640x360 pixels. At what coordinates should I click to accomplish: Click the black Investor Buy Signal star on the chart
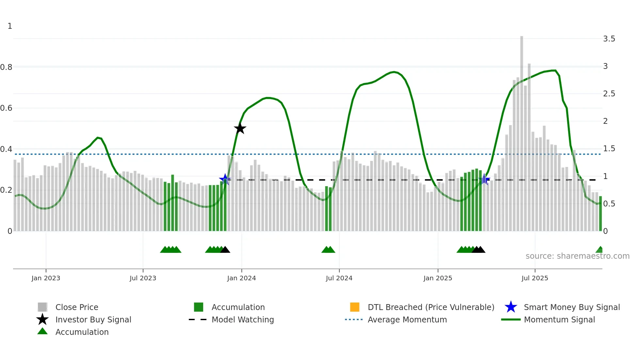click(x=240, y=129)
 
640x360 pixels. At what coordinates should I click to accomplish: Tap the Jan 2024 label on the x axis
click(x=241, y=278)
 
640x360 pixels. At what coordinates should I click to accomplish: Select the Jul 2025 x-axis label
click(x=535, y=278)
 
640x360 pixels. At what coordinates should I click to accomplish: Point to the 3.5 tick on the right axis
click(x=609, y=39)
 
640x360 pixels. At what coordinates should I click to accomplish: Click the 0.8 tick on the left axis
click(x=6, y=67)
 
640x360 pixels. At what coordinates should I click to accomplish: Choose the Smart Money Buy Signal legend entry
click(x=571, y=307)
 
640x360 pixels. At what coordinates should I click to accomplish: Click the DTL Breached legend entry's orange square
click(x=355, y=307)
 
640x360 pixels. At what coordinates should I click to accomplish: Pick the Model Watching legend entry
click(x=243, y=320)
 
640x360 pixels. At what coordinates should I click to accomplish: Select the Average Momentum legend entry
click(x=407, y=320)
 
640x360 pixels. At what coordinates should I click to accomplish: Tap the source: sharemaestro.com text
click(x=577, y=256)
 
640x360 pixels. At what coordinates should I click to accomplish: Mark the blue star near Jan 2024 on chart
click(x=225, y=179)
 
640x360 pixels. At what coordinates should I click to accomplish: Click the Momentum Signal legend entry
click(x=559, y=320)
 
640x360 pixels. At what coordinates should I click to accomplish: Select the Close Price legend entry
click(x=77, y=307)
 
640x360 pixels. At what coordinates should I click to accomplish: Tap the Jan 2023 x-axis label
click(x=46, y=278)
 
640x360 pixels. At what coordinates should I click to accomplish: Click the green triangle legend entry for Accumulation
click(x=82, y=332)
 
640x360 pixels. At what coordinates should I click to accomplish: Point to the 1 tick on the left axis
click(x=10, y=26)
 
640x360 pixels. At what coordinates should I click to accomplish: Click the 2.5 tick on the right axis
click(x=609, y=94)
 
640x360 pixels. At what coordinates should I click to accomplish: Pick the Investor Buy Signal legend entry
click(x=93, y=320)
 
